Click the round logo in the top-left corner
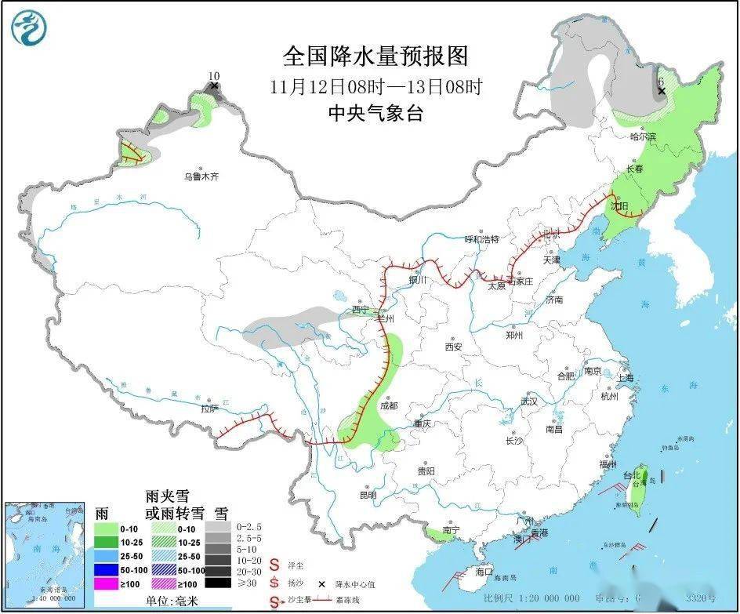click(x=29, y=27)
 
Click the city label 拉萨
click(x=209, y=409)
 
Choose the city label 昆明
click(x=368, y=495)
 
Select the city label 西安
click(x=454, y=347)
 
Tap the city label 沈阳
click(x=619, y=205)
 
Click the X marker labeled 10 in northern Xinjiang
click(x=214, y=85)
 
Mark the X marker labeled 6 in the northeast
click(x=662, y=91)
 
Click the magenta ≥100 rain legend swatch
click(x=107, y=583)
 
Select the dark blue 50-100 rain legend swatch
click(x=107, y=570)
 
